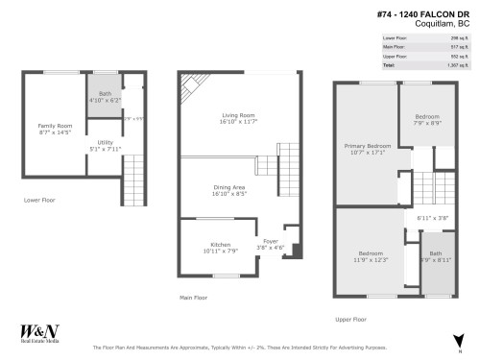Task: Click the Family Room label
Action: point(54,126)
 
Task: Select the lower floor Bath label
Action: point(105,94)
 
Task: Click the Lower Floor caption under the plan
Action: point(41,201)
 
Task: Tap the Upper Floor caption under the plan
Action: point(350,319)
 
